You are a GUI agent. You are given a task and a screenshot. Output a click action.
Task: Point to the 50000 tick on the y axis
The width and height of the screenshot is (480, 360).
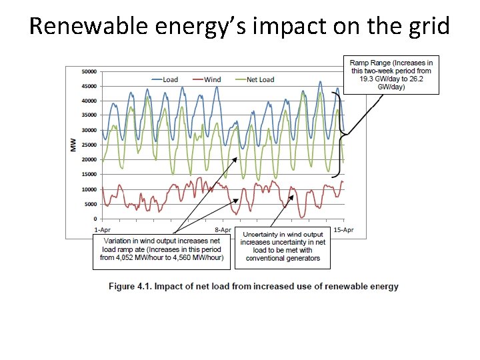pyautogui.click(x=89, y=71)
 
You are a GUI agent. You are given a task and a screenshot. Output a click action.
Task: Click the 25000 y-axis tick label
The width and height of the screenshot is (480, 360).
pyautogui.click(x=89, y=145)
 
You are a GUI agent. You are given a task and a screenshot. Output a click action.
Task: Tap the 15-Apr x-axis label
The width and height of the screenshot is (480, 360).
pyautogui.click(x=343, y=229)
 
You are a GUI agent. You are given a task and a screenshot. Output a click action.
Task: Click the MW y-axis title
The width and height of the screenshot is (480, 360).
pyautogui.click(x=73, y=145)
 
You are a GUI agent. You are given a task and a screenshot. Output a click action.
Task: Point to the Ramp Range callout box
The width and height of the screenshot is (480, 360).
pyautogui.click(x=391, y=74)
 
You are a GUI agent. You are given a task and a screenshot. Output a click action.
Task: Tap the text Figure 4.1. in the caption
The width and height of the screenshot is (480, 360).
pyautogui.click(x=131, y=287)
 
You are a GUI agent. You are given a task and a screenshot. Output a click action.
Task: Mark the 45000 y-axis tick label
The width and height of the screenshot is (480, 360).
pyautogui.click(x=89, y=86)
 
